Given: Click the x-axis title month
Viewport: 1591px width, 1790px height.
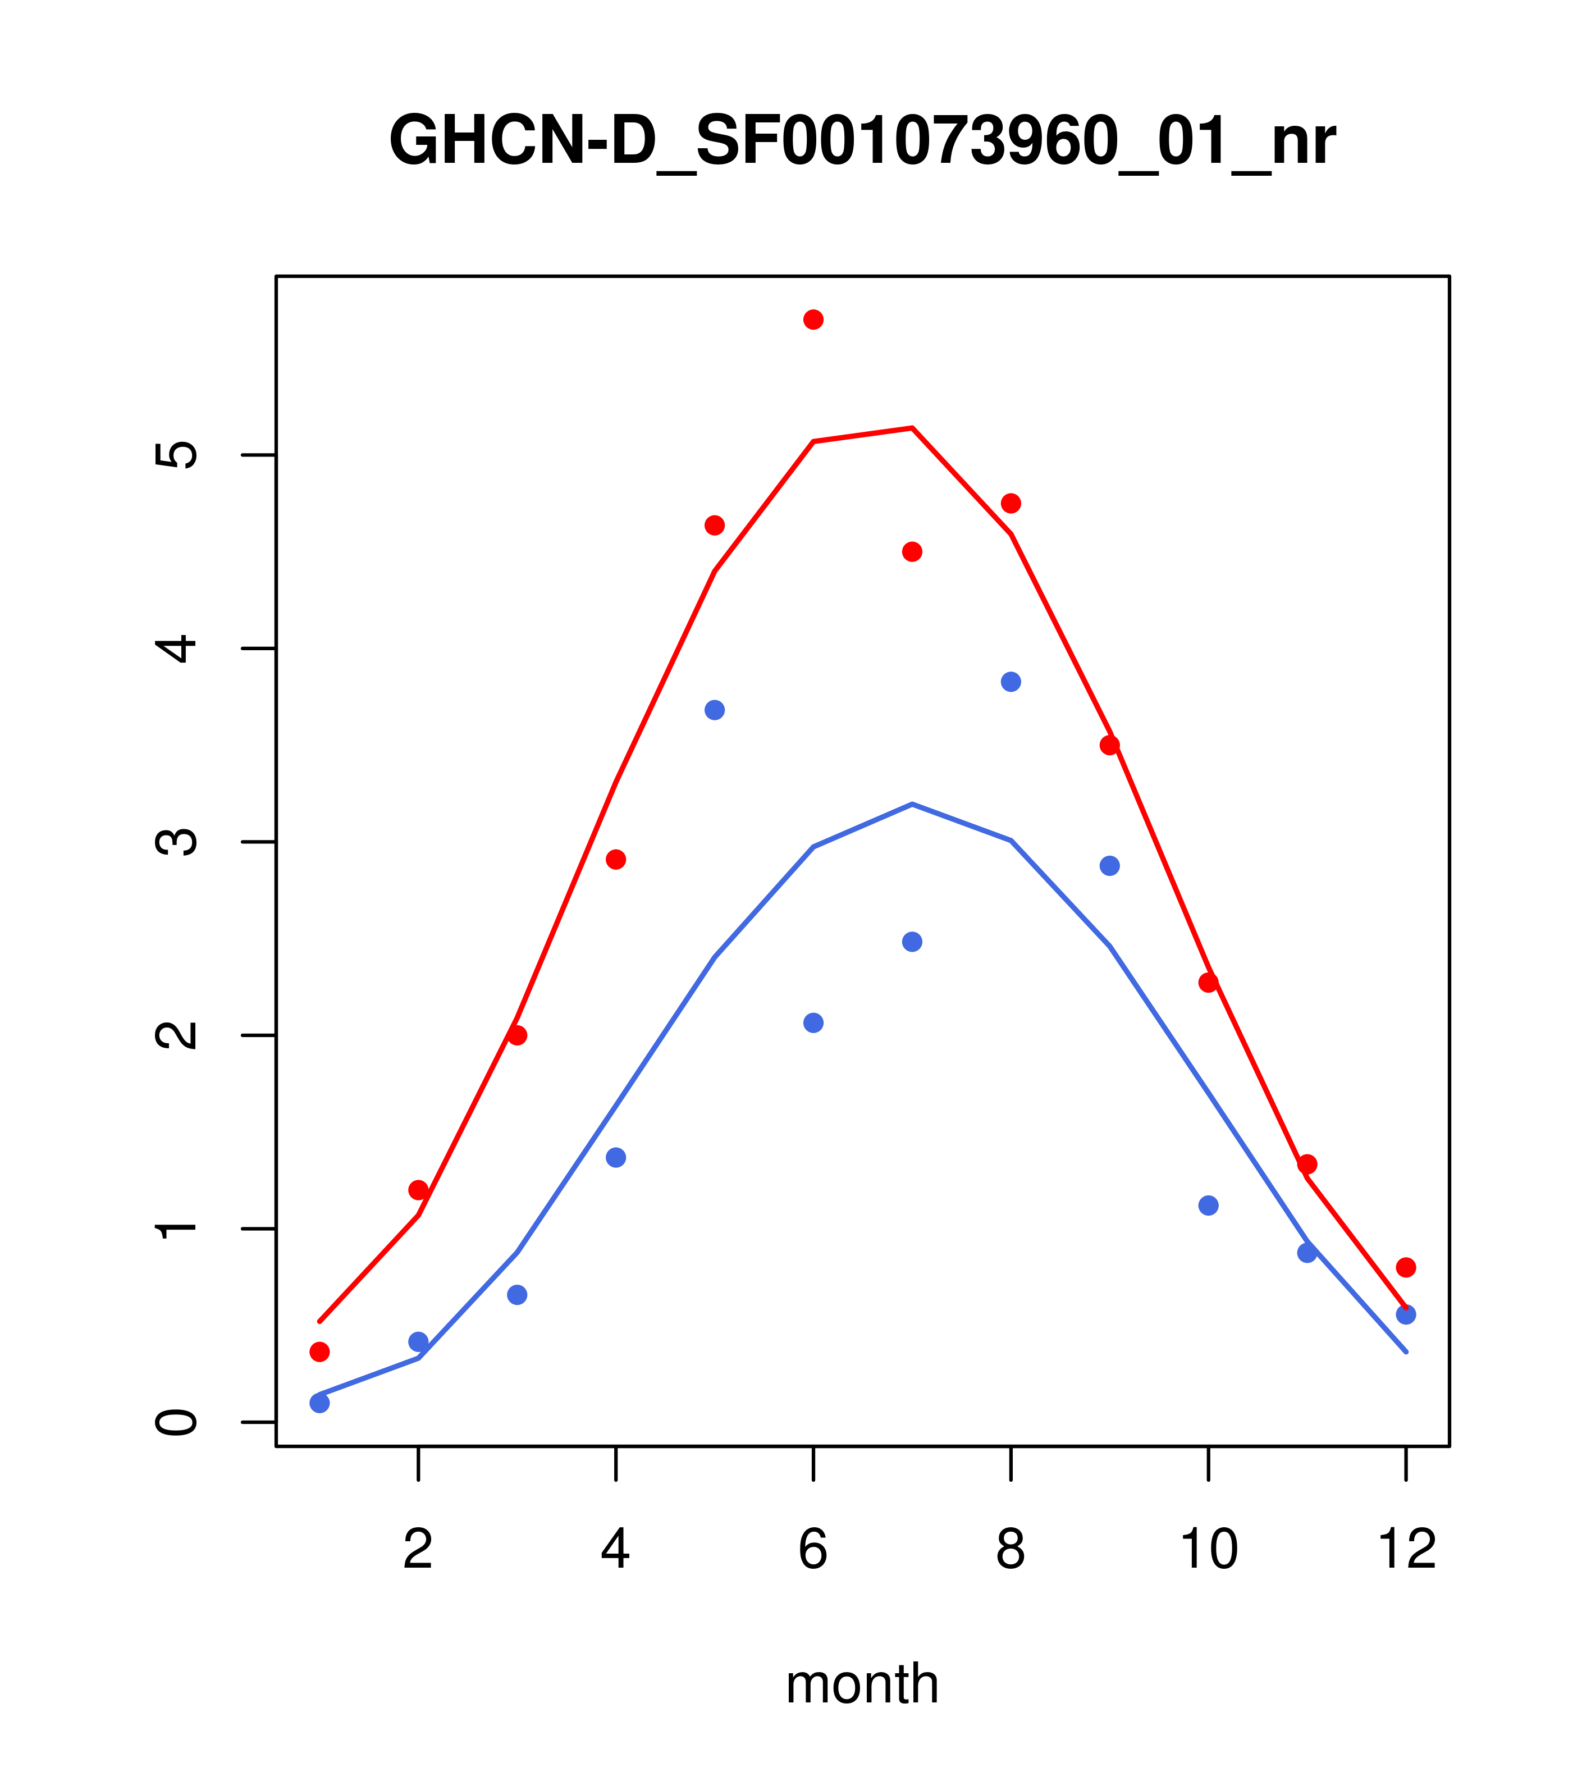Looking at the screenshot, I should [862, 1684].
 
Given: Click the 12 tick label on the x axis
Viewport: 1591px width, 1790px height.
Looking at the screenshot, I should [1406, 1550].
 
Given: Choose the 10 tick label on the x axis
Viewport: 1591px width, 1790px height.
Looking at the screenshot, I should [1208, 1550].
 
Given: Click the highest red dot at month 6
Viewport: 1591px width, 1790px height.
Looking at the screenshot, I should [813, 319].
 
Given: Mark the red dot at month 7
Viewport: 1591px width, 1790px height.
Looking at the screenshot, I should [912, 552].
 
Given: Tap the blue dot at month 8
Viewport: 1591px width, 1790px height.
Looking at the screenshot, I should [1011, 681].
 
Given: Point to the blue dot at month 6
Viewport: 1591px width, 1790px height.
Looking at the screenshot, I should [813, 1023].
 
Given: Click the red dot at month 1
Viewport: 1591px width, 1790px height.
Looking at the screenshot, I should [319, 1352].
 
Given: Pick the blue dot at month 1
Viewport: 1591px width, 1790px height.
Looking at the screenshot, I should [319, 1403].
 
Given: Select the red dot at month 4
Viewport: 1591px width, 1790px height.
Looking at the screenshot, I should [615, 859].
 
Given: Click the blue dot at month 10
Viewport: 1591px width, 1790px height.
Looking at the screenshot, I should [1208, 1206].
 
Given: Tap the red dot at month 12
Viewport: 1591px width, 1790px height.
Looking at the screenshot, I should [1406, 1267].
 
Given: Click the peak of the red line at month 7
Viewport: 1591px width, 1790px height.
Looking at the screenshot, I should [912, 428].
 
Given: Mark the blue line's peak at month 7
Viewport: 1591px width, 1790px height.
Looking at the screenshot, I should [912, 804].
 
